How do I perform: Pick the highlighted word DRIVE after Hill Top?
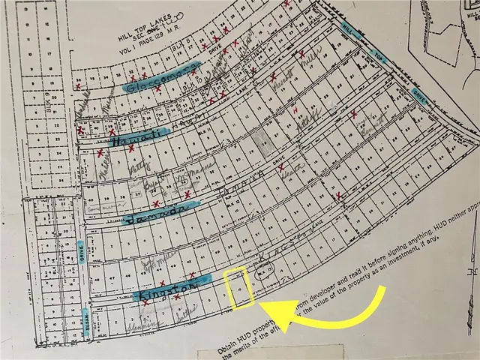coord(419,94)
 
